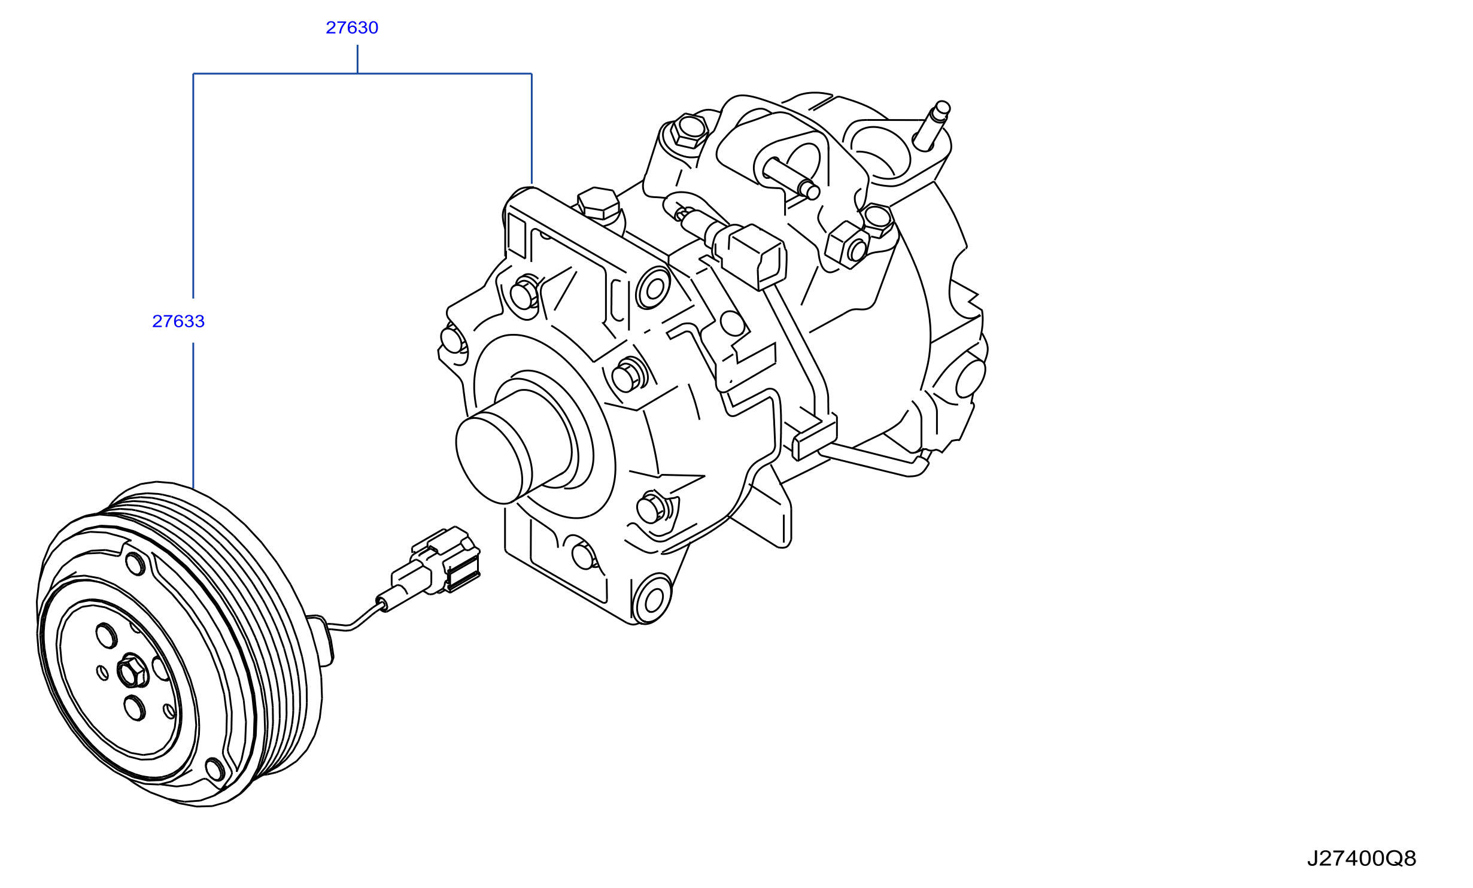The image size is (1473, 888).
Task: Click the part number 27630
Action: [352, 28]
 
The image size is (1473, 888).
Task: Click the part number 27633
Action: [178, 321]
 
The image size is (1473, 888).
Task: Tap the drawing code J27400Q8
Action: [1361, 858]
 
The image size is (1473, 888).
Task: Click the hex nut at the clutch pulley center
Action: [132, 671]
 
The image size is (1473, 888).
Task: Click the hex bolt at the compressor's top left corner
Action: [689, 130]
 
